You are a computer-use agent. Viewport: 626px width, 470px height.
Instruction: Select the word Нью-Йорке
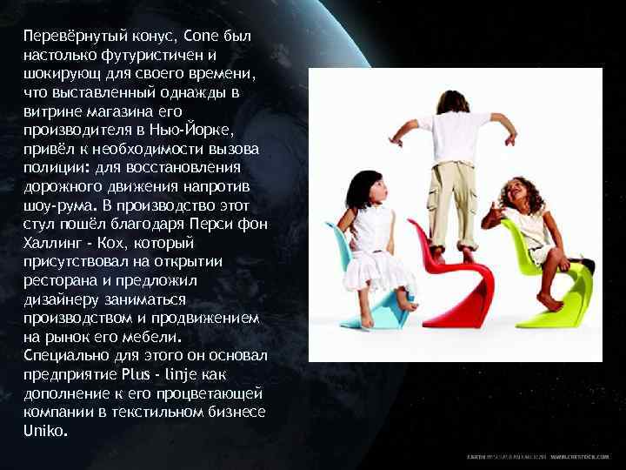pos(202,130)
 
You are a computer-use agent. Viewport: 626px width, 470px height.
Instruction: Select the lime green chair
pos(556,287)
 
